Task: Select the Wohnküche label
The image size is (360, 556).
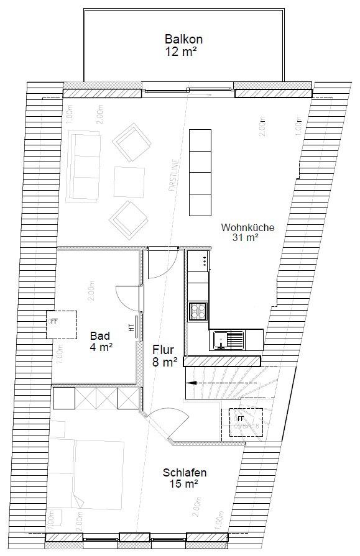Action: point(247,227)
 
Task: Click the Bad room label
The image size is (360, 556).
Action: point(100,336)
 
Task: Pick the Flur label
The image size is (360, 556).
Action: point(164,350)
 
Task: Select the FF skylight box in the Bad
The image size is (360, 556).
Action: point(62,324)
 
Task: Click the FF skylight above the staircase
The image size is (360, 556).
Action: point(245,423)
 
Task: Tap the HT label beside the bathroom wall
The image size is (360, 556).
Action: point(131,327)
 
